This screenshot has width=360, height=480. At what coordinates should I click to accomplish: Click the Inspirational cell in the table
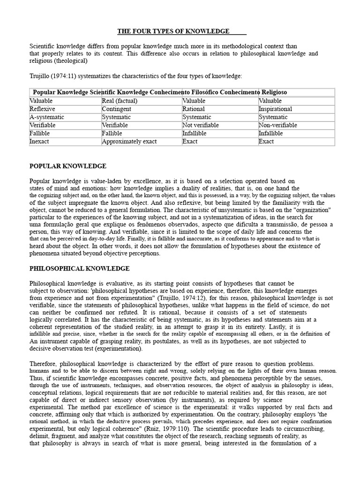pos(275,109)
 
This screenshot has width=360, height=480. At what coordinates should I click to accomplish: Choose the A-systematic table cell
pos(47,117)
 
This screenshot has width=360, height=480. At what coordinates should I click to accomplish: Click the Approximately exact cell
pos(129,142)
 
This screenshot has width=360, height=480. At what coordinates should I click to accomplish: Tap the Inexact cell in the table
pos(39,142)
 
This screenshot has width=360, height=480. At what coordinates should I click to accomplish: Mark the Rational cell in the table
pos(194,109)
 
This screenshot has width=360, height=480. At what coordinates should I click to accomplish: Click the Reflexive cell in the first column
pos(43,109)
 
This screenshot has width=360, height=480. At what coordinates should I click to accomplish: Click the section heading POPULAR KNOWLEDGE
pos(68,166)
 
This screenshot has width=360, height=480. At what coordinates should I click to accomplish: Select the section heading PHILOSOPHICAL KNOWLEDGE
pos(80,269)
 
